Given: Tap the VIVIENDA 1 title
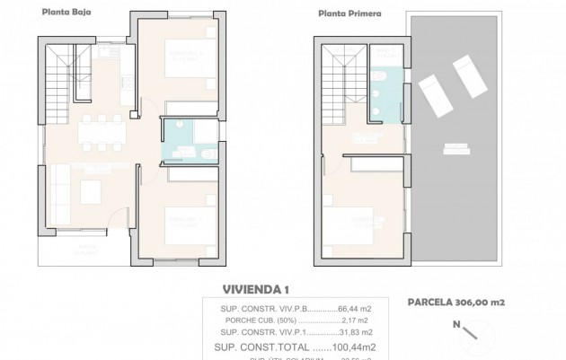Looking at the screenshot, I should click(256, 289).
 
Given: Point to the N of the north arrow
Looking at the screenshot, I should click(455, 324).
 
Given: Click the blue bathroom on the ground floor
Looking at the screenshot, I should click(188, 142).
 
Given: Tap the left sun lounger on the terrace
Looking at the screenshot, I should click(433, 86).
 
